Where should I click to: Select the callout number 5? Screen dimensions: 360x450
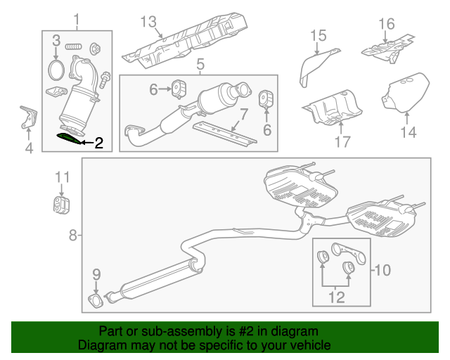(200, 65)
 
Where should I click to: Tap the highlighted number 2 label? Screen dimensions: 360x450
(99, 144)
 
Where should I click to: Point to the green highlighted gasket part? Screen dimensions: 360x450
(69, 136)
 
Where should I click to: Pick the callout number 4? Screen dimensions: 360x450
(28, 148)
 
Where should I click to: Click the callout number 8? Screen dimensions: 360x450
(73, 236)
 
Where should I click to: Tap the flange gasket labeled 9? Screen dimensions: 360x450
(96, 302)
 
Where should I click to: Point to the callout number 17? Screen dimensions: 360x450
(342, 142)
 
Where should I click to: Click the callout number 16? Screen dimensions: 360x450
(387, 25)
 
